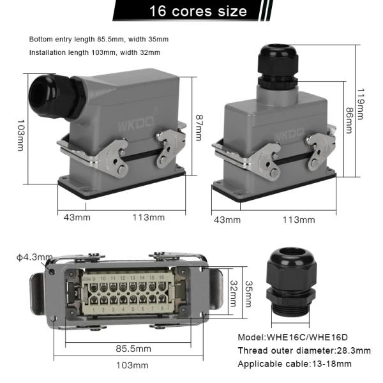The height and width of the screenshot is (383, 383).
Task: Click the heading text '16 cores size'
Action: coord(197,11)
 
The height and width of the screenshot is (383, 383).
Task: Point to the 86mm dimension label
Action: coord(348,119)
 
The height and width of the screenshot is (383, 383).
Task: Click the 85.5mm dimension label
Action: coord(133,349)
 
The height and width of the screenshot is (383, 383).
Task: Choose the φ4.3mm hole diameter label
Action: coord(34,257)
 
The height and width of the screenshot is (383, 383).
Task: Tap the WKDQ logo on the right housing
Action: coord(287,136)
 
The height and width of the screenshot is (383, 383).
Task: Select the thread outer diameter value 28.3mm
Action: coord(350,350)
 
